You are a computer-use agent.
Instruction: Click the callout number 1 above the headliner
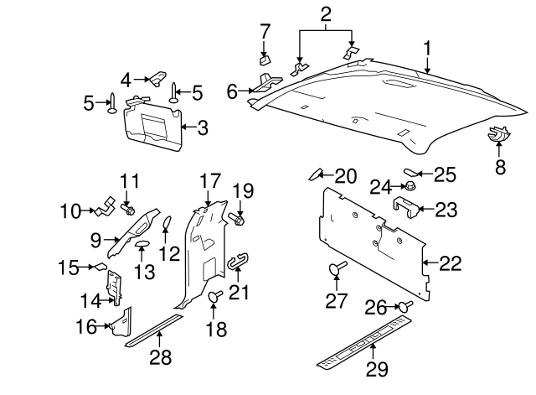pyautogui.click(x=427, y=48)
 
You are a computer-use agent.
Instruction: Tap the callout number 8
pyautogui.click(x=500, y=167)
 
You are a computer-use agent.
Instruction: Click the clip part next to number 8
pyautogui.click(x=498, y=133)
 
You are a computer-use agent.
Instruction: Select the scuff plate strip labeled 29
pyautogui.click(x=364, y=342)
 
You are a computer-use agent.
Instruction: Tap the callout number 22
pyautogui.click(x=451, y=263)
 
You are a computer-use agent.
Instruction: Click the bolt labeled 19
pyautogui.click(x=237, y=220)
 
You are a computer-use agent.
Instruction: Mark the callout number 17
pyautogui.click(x=209, y=180)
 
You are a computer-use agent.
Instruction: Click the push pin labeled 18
pyautogui.click(x=214, y=296)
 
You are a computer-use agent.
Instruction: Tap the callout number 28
pyautogui.click(x=159, y=357)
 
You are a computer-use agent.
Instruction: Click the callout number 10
pyautogui.click(x=70, y=210)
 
